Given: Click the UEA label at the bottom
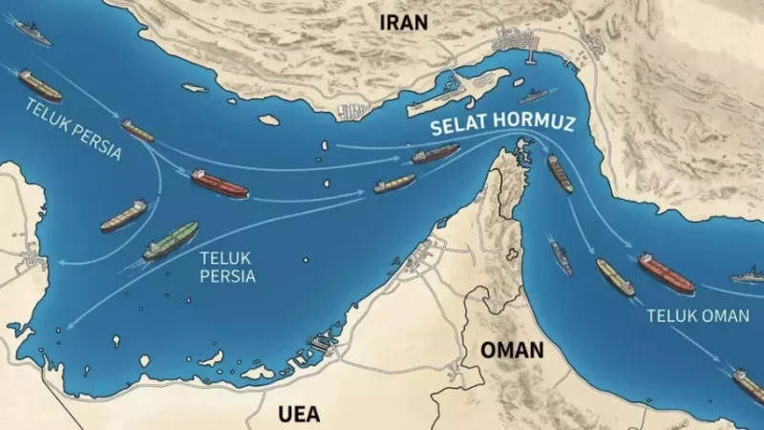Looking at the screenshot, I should [x=298, y=414].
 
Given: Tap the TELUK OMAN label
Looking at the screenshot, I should [x=694, y=314].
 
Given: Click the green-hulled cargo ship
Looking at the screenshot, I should [x=170, y=242].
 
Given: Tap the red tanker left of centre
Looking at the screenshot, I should [x=219, y=183].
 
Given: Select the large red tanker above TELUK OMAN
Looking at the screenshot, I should [x=666, y=273].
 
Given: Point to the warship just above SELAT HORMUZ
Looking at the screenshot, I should [x=535, y=96].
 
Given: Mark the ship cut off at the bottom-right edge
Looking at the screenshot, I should [x=749, y=386].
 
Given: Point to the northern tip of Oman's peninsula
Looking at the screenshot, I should [x=520, y=146].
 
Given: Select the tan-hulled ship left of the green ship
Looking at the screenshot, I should [x=123, y=216].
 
